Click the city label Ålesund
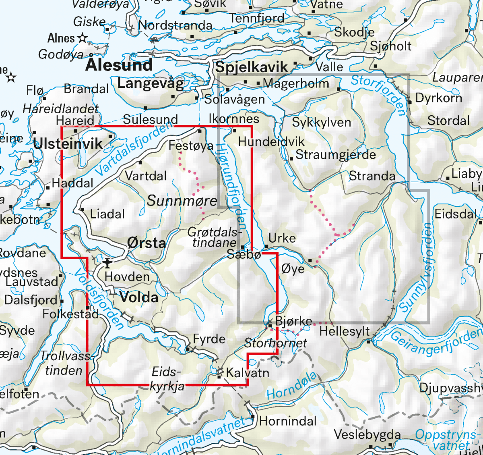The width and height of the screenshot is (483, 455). tap(119, 64)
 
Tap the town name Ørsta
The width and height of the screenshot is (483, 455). tap(147, 243)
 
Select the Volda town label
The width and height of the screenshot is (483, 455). tap(139, 297)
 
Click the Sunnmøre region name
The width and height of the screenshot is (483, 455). tap(182, 200)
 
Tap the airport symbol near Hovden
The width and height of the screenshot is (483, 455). tap(107, 264)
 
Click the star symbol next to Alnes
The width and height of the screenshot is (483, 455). tap(83, 38)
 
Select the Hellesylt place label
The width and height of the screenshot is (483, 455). tap(345, 332)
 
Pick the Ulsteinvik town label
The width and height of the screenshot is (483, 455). tap(68, 144)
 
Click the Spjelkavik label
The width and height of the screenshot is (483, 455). tap(252, 67)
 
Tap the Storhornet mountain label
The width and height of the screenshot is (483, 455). tap(276, 343)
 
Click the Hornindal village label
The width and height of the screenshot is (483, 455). tap(288, 421)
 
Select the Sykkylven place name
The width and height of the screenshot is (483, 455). tap(322, 123)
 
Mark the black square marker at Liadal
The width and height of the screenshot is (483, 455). tap(82, 210)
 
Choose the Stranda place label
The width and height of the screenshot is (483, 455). tap(372, 176)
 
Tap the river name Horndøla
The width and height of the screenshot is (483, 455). tap(292, 386)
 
